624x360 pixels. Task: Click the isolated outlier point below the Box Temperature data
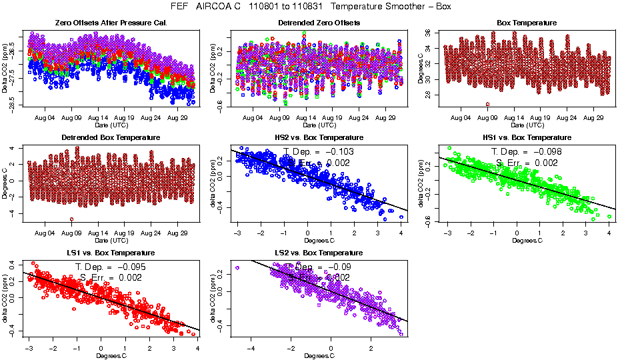[x=487, y=104]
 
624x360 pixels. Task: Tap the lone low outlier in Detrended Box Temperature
[x=71, y=219]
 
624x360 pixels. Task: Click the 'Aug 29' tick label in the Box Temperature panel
[x=593, y=118]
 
